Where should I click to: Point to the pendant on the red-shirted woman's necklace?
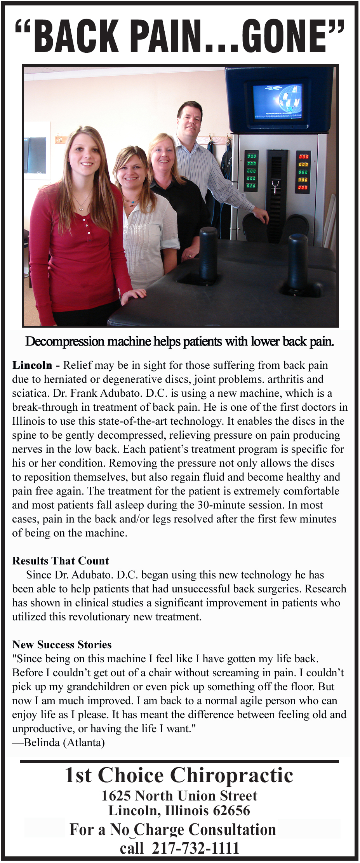pyautogui.click(x=81, y=207)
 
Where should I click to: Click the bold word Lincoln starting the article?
pyautogui.click(x=32, y=365)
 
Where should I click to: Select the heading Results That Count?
pyautogui.click(x=61, y=561)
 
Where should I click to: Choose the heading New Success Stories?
pyautogui.click(x=62, y=645)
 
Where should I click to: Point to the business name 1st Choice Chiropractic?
pyautogui.click(x=179, y=775)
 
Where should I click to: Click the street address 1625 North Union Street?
pyautogui.click(x=179, y=796)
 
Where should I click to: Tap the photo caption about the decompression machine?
pyautogui.click(x=179, y=342)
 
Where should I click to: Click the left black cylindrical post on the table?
pyautogui.click(x=208, y=254)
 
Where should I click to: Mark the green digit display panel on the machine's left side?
pyautogui.click(x=251, y=171)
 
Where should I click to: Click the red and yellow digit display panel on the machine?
pyautogui.click(x=303, y=172)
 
